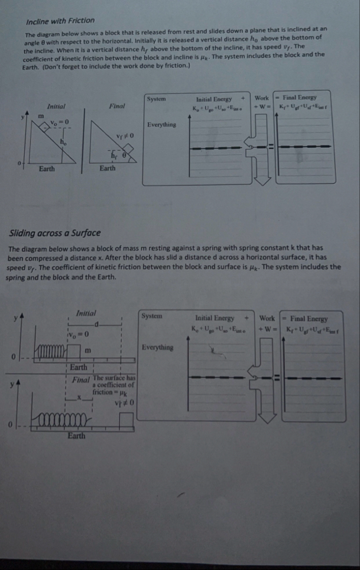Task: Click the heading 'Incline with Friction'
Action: click(x=53, y=21)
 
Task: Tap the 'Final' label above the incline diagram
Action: click(x=116, y=106)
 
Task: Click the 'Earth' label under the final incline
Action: click(x=108, y=169)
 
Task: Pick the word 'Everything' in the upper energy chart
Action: click(x=161, y=125)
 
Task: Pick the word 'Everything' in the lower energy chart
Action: click(x=157, y=347)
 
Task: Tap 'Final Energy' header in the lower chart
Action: click(x=307, y=319)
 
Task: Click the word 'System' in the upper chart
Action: click(x=157, y=98)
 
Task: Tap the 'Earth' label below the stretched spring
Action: click(x=75, y=436)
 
